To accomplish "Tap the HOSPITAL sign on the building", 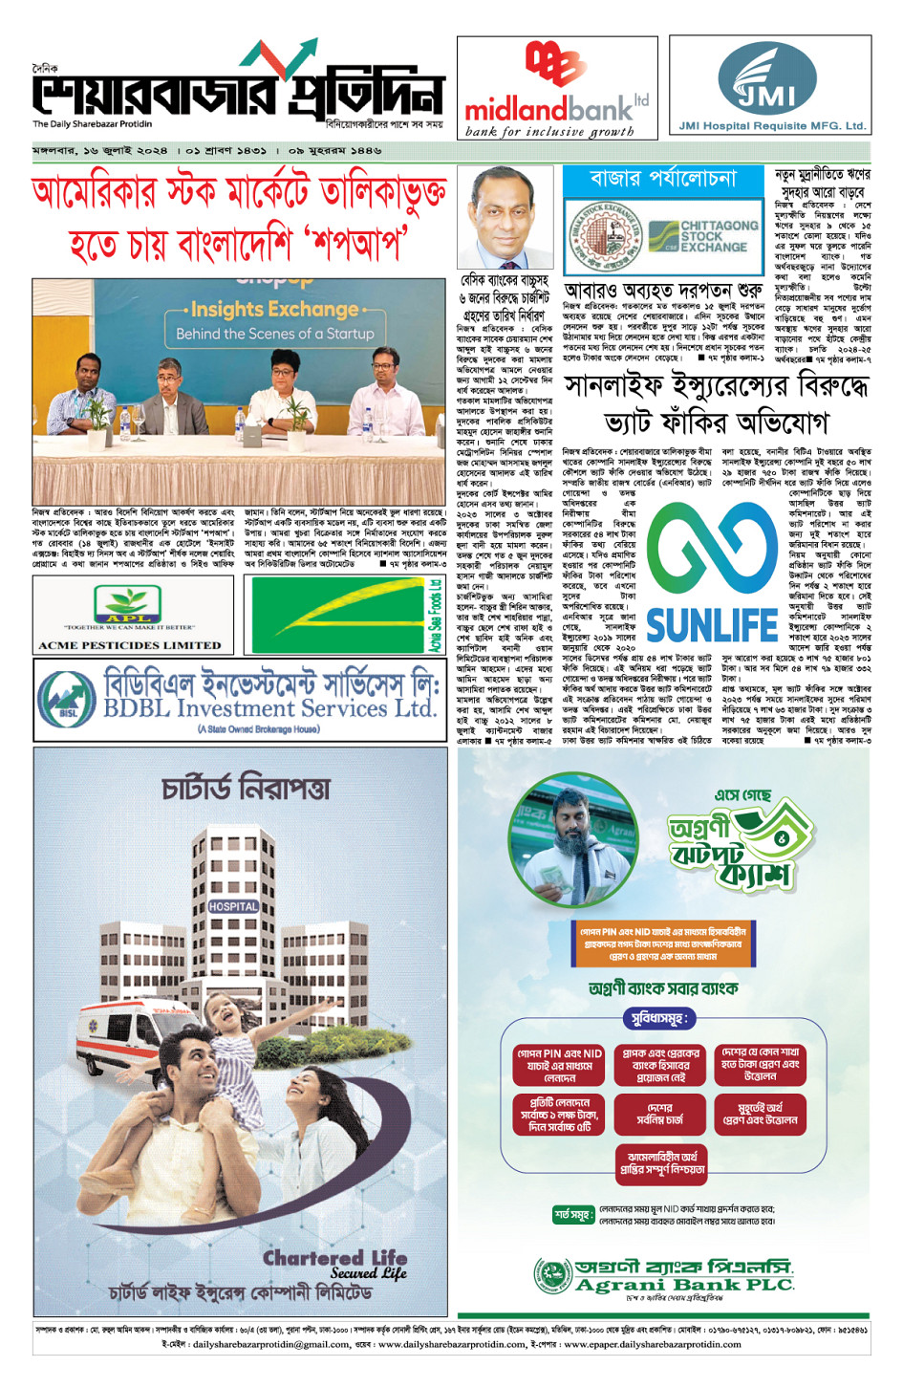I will (233, 905).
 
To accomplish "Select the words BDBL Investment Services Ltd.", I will (269, 709).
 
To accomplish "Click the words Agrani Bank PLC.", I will (684, 1285).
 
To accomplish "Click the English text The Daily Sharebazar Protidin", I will (93, 124).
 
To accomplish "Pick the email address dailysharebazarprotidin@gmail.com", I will (270, 1344).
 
